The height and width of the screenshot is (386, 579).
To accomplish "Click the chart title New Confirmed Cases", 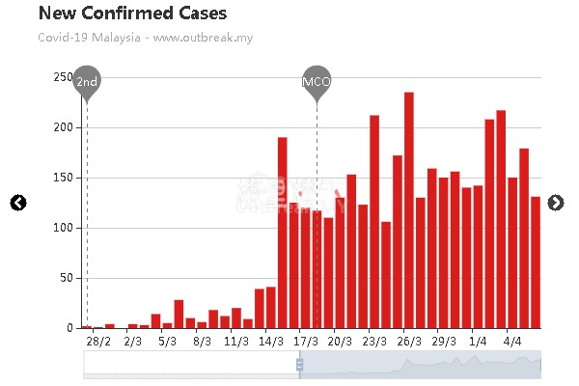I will tap(133, 14).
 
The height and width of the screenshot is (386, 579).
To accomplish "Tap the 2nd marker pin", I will tap(87, 82).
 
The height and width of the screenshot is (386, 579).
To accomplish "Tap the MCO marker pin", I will tap(317, 82).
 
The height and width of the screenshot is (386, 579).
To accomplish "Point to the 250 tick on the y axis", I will tap(63, 77).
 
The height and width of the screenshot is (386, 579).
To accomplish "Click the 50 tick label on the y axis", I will tap(66, 278).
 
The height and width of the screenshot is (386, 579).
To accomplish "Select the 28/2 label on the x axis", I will tap(98, 341).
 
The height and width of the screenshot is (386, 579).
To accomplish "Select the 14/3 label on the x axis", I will tap(270, 341).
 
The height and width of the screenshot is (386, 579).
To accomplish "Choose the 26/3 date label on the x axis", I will tap(408, 341).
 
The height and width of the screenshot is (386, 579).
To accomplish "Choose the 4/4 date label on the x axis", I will tap(512, 341).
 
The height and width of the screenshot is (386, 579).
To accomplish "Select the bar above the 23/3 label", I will tap(374, 222).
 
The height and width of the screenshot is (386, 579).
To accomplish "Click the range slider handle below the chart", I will tap(300, 365).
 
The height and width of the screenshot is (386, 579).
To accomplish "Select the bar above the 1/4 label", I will tap(478, 257).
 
